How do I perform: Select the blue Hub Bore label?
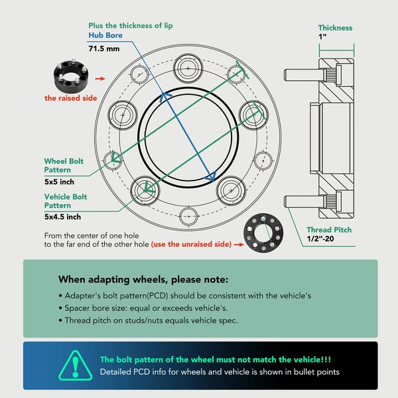[103, 36]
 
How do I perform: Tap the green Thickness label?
[335, 28]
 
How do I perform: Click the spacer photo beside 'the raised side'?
[70, 77]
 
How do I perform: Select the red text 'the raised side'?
[71, 98]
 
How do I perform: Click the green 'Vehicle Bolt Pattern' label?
[66, 201]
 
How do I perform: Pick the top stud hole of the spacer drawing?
[187, 68]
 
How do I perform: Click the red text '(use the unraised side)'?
[191, 244]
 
